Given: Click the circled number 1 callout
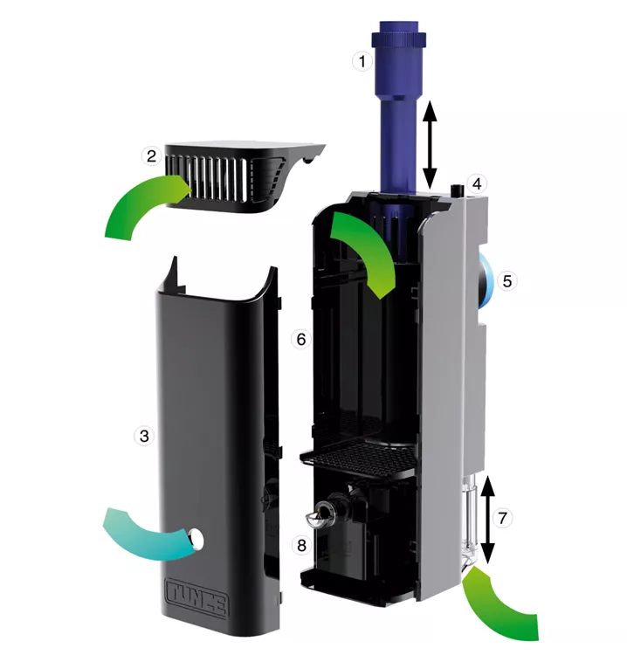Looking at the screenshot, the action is (x=362, y=61).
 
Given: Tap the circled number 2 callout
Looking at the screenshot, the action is (x=151, y=155).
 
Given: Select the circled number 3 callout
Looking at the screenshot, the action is (x=144, y=436).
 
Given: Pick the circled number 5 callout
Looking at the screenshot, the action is (x=507, y=281).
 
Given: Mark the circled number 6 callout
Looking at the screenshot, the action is (x=301, y=339).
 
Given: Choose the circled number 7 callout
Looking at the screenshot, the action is (x=502, y=518).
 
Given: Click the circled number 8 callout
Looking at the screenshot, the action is (x=301, y=545).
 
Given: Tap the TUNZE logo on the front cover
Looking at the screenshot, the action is (x=197, y=597).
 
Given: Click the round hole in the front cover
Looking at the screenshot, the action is (x=196, y=538).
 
